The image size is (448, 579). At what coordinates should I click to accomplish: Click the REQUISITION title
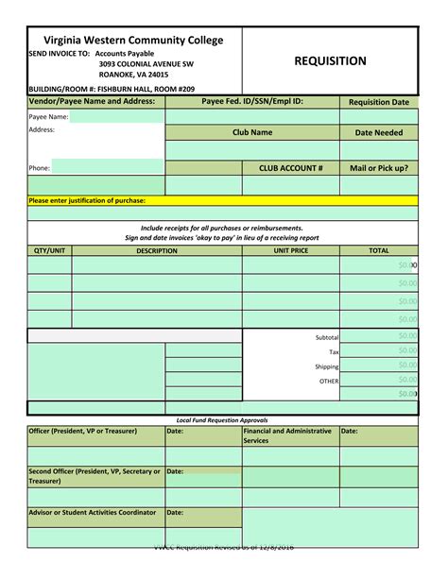tap(330, 61)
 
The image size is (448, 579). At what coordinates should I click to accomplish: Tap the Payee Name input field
tap(115, 117)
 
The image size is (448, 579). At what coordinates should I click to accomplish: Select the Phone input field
tap(107, 167)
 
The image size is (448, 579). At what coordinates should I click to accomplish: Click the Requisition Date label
tap(379, 102)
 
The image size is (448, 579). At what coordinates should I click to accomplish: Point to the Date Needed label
tap(379, 133)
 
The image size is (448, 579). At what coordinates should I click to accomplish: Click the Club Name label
tap(252, 133)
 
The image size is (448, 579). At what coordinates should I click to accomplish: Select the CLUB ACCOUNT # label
tap(291, 167)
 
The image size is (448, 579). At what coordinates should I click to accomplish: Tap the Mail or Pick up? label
tap(379, 167)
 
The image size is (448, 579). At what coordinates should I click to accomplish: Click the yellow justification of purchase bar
tap(222, 201)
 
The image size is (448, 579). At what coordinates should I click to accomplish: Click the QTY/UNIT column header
tap(49, 251)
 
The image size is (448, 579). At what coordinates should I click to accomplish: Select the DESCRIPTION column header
tap(157, 251)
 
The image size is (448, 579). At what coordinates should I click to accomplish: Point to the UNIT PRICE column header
tap(291, 251)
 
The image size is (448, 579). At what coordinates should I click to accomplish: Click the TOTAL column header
tap(379, 251)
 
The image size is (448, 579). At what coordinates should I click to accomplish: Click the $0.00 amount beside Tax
tap(406, 350)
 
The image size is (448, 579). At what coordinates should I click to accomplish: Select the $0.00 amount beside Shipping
tap(406, 366)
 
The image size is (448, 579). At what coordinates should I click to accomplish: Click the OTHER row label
tap(329, 381)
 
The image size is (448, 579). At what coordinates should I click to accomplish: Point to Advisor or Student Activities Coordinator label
tap(92, 513)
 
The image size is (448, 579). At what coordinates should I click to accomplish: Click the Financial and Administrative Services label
tap(289, 435)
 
